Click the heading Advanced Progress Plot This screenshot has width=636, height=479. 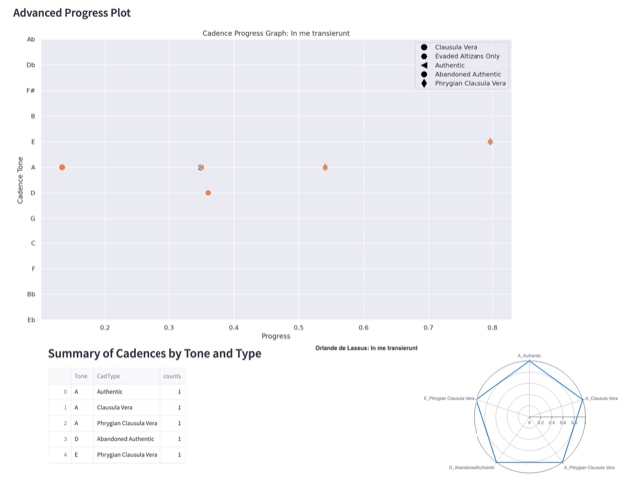click(x=71, y=14)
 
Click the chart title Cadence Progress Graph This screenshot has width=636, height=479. click(x=276, y=33)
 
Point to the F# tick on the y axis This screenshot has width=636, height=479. click(x=31, y=90)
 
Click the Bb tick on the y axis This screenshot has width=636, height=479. click(x=32, y=294)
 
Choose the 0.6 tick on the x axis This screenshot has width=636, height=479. click(x=363, y=327)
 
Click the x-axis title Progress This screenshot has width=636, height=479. click(x=276, y=336)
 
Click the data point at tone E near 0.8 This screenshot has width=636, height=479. click(x=491, y=142)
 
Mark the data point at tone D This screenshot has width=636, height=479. click(x=208, y=193)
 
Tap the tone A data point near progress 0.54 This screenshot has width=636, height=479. click(x=325, y=167)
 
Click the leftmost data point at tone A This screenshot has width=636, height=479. click(x=62, y=167)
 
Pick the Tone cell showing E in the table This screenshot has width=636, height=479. click(x=76, y=455)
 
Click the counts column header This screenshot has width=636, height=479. click(x=172, y=375)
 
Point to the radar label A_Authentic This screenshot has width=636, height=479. click(x=530, y=355)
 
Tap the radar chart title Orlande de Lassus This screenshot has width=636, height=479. click(x=366, y=347)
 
